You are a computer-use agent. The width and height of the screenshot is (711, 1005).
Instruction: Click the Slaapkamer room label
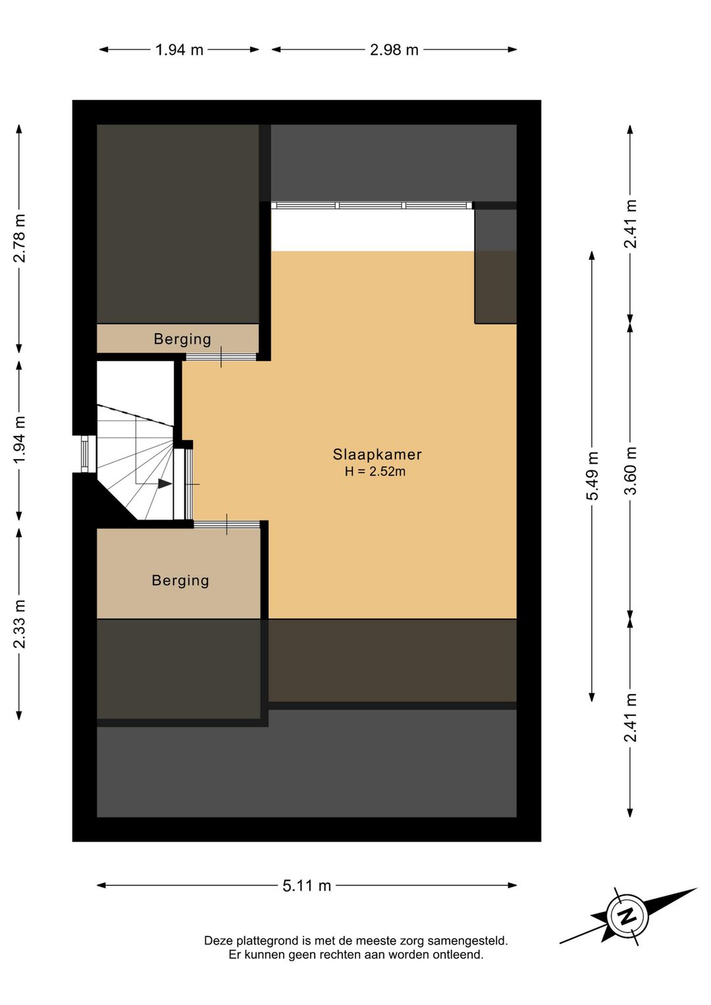377,454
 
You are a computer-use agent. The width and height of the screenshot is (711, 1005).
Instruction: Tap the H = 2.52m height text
375,472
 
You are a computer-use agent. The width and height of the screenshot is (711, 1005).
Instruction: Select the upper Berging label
182,339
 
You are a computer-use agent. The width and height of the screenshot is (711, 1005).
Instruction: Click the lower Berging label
180,581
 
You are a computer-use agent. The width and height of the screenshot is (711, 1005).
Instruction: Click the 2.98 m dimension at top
394,49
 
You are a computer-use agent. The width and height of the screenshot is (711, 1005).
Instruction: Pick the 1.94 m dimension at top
179,49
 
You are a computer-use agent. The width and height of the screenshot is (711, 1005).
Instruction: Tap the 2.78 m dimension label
19,238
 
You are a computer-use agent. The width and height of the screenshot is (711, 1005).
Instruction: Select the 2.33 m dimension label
19,624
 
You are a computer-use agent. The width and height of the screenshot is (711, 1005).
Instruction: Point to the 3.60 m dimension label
631,470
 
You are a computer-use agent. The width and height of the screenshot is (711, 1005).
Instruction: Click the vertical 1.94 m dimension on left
19,441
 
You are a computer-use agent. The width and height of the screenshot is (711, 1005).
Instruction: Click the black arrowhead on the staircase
165,483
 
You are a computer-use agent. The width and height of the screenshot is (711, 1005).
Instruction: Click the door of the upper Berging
221,357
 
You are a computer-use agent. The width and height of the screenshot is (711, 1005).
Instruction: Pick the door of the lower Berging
226,524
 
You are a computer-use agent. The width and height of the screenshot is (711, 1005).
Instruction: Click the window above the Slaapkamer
373,205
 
